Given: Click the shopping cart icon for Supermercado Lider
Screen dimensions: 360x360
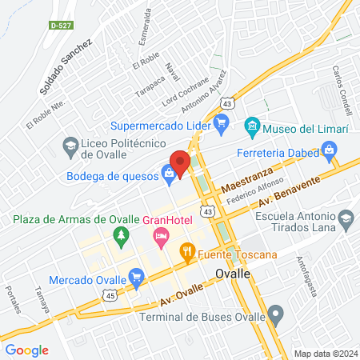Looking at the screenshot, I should (222, 124).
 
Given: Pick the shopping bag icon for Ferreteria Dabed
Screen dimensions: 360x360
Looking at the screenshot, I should (329, 149).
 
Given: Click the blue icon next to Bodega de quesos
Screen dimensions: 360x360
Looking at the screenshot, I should (168, 171).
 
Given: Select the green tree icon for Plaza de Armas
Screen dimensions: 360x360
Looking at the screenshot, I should (121, 235).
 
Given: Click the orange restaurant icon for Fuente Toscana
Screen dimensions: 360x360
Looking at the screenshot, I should (188, 254).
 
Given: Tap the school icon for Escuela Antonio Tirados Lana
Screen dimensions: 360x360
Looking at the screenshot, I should (346, 218).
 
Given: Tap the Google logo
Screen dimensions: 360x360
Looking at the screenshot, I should (26, 350).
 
